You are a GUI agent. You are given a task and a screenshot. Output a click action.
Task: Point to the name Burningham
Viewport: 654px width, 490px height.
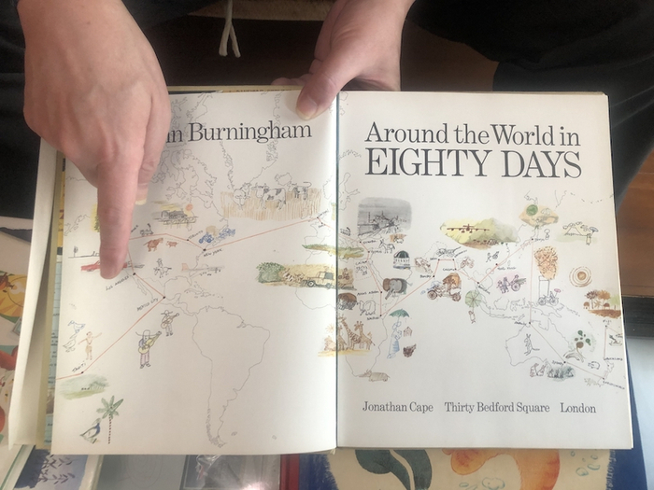[x=249, y=132]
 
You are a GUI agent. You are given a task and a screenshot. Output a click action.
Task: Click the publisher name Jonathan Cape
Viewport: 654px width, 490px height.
[x=397, y=408]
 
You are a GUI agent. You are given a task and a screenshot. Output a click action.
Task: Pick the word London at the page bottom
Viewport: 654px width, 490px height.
[x=577, y=408]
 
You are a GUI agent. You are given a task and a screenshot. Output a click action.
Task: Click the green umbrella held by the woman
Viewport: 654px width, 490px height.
[x=399, y=314]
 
